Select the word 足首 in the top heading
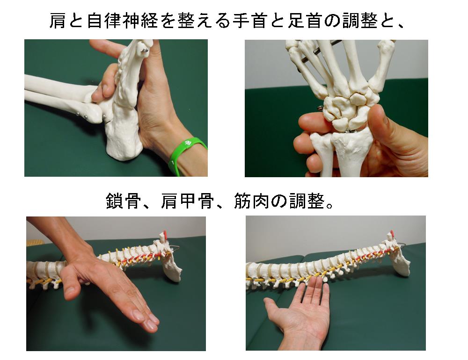pos(305,21)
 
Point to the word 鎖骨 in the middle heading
pos(123,201)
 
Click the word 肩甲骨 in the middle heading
pos(187,201)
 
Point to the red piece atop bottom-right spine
pos(392,234)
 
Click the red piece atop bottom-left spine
pos(164,234)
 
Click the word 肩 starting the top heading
pos(58,21)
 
